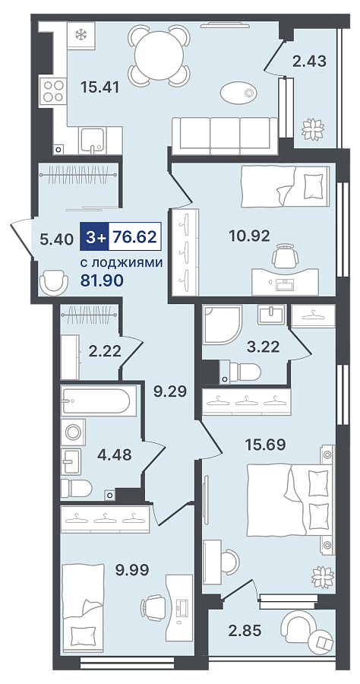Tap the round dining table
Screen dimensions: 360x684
(159, 55)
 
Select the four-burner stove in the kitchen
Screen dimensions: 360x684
(52, 92)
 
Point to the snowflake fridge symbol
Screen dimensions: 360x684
(81, 34)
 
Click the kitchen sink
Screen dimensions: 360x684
(93, 140)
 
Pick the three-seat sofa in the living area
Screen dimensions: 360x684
(225, 135)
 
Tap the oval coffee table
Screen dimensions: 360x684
(238, 93)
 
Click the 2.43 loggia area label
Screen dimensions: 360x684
(309, 61)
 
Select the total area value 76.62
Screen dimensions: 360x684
(134, 237)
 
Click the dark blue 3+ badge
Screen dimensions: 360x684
(94, 237)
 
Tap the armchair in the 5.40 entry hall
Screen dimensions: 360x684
(54, 282)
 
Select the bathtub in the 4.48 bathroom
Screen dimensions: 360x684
(96, 401)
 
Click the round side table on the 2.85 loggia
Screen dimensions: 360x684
(322, 641)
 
